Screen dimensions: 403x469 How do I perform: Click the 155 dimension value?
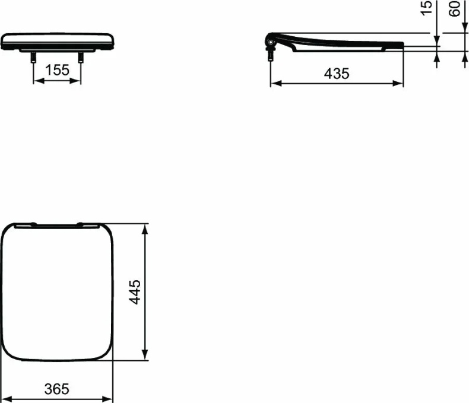57,70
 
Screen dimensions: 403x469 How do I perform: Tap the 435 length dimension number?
337,74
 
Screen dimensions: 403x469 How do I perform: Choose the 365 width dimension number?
57,389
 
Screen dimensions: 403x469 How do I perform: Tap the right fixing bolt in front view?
80,58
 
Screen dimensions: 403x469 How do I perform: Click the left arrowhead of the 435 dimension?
274,84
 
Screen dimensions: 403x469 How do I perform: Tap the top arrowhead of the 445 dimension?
145,227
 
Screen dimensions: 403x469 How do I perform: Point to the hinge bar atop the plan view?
57,224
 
